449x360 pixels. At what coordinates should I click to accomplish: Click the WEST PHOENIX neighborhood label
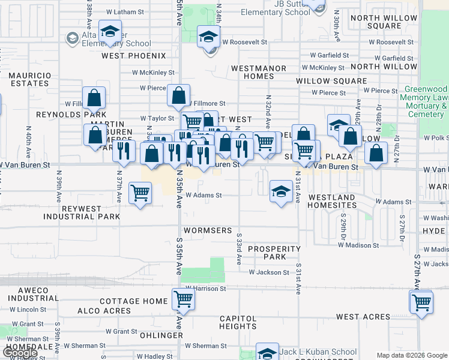pyautogui.click(x=133, y=56)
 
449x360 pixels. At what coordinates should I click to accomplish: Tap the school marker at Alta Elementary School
pyautogui.click(x=110, y=32)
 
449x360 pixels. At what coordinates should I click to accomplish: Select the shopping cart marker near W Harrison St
pyautogui.click(x=183, y=299)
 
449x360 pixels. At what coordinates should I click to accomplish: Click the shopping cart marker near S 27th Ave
pyautogui.click(x=421, y=302)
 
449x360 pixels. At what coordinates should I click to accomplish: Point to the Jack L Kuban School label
pyautogui.click(x=319, y=352)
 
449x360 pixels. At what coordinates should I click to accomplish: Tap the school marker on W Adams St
pyautogui.click(x=280, y=192)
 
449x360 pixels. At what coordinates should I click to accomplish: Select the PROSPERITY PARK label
pyautogui.click(x=274, y=253)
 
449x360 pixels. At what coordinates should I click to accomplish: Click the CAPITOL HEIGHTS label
pyautogui.click(x=238, y=323)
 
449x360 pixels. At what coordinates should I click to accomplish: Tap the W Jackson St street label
pyautogui.click(x=269, y=272)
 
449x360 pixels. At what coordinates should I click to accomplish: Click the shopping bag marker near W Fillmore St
pyautogui.click(x=178, y=95)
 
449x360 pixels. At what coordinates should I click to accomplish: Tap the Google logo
pyautogui.click(x=19, y=353)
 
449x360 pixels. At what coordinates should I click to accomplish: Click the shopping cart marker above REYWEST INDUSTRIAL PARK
pyautogui.click(x=140, y=193)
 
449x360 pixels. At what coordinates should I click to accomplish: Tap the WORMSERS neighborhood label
pyautogui.click(x=208, y=230)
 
